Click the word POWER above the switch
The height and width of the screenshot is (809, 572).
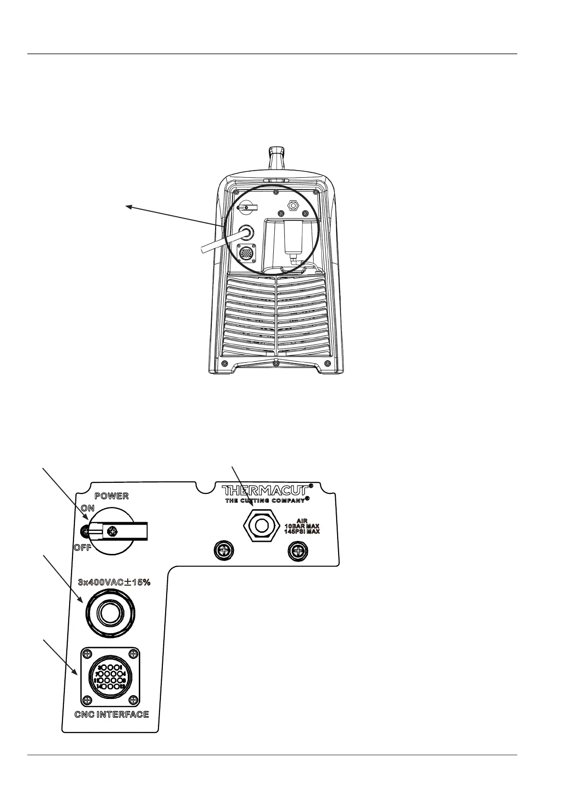111,496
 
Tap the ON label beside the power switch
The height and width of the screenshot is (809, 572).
87,508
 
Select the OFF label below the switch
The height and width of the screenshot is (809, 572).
83,548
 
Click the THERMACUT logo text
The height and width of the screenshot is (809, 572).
266,491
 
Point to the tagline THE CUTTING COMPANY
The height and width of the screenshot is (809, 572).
265,501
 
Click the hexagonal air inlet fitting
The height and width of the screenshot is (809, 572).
261,525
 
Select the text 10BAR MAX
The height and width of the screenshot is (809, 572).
302,526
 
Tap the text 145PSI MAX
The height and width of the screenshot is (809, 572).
302,532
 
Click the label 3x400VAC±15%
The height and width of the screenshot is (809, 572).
114,582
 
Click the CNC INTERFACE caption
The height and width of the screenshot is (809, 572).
111,714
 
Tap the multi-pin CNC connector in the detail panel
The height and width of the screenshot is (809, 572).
110,676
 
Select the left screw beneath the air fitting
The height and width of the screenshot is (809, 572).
223,550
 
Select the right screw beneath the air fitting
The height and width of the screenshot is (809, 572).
298,550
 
